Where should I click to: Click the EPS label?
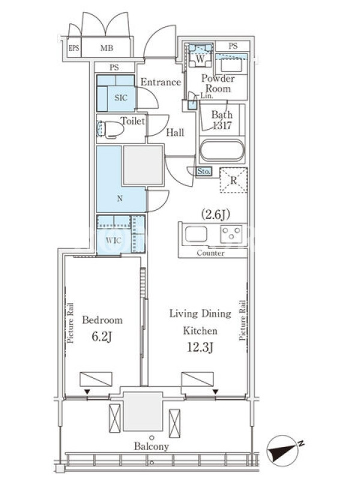(x=74, y=48)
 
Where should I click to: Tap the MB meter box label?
(x=107, y=48)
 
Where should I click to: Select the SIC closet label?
(x=121, y=98)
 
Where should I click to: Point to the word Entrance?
(x=161, y=82)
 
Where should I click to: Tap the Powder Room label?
(x=218, y=83)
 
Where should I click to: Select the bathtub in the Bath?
(x=222, y=151)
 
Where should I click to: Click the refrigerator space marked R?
(x=233, y=180)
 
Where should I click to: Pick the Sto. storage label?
(x=203, y=171)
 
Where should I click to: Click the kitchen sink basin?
(x=196, y=234)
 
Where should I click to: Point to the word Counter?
(x=211, y=253)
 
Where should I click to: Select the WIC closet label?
(x=113, y=241)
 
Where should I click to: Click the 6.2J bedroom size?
(x=102, y=337)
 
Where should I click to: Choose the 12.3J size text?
(x=200, y=347)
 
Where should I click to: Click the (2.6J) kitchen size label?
(x=215, y=215)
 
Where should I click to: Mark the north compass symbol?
(x=283, y=454)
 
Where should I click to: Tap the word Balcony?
(x=152, y=446)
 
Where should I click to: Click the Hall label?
(x=175, y=133)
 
